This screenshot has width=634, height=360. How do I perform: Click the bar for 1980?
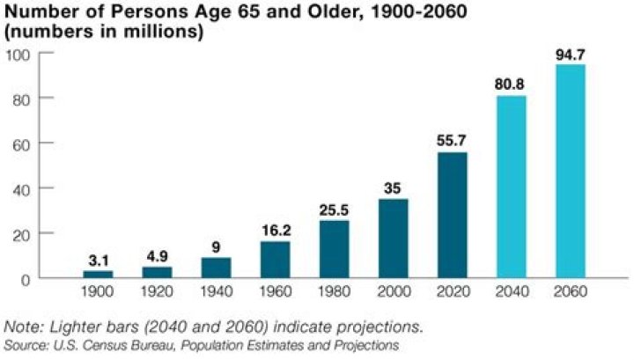pos(335,249)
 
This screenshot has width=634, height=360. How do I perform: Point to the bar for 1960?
pos(276,259)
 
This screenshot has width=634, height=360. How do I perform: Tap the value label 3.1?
pos(99,261)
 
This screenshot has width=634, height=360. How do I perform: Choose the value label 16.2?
pos(276,231)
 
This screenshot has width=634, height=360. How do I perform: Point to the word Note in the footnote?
pos(23,327)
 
